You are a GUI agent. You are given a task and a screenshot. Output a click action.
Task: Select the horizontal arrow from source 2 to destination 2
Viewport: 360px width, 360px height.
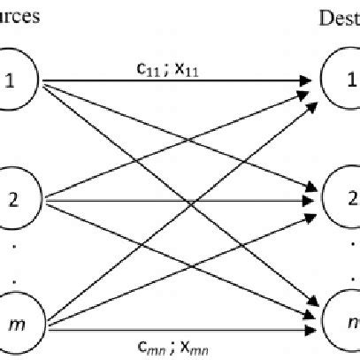click(x=177, y=201)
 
